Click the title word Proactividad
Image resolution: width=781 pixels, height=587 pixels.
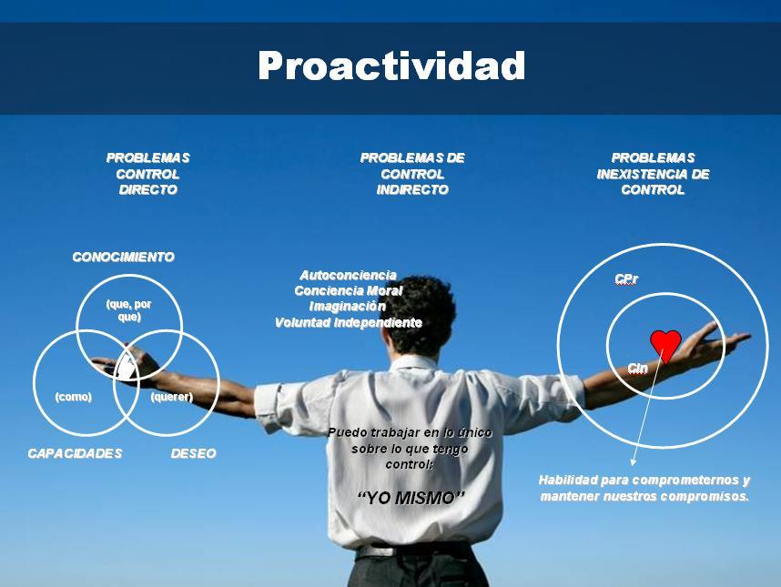pos(391,66)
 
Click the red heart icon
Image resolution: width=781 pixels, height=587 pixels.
pos(665,344)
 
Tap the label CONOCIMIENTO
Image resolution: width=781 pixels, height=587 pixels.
pos(123,258)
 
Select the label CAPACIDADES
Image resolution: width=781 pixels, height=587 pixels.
pos(75,453)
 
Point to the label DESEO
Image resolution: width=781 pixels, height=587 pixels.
pos(194,453)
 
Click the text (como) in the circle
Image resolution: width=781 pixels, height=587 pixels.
pos(73,398)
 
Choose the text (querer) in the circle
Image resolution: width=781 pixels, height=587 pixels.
pos(171,398)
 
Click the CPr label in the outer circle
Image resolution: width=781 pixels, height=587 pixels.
pos(625,278)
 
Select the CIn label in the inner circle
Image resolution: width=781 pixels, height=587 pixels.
pos(637,368)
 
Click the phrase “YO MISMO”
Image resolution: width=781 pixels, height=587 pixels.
pos(411,498)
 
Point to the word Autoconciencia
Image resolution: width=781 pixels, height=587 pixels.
pos(348,275)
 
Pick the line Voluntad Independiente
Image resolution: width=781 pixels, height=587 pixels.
pos(349,323)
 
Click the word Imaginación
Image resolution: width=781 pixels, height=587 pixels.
pos(348,307)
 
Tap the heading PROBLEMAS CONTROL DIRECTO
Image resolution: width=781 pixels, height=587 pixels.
pos(147,174)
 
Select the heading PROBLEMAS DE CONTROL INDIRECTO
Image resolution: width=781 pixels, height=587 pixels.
pos(412,174)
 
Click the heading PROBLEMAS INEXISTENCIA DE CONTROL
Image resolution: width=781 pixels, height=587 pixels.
pos(653,174)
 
